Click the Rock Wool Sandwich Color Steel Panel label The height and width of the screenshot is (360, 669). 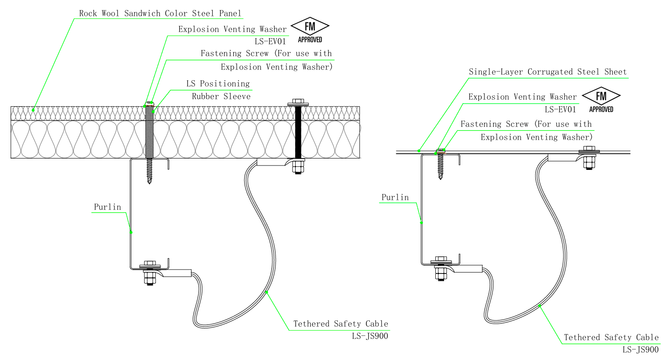(160, 14)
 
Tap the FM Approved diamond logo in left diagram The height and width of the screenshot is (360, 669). (310, 30)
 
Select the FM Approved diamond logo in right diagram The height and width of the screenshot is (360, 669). (601, 100)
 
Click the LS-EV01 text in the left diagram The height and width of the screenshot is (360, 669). (270, 41)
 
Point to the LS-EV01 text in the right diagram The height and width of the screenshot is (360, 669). (561, 109)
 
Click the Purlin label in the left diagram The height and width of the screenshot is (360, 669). (108, 207)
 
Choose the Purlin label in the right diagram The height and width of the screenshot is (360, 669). (395, 197)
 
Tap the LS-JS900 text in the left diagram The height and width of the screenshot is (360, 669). (370, 336)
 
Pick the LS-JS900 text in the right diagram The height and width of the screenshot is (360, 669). (640, 349)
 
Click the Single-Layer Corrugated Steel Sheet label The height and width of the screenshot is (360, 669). (548, 72)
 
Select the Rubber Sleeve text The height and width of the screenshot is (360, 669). (221, 97)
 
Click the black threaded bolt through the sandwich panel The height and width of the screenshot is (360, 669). (298, 132)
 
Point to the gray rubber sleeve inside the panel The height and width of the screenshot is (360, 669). (149, 132)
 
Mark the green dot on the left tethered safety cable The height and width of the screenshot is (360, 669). (266, 292)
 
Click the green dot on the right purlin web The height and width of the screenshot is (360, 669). (421, 223)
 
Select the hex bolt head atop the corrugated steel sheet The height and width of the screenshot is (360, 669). (589, 148)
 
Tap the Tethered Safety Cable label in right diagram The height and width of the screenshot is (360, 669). (611, 337)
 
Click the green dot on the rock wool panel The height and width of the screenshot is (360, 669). (33, 110)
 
